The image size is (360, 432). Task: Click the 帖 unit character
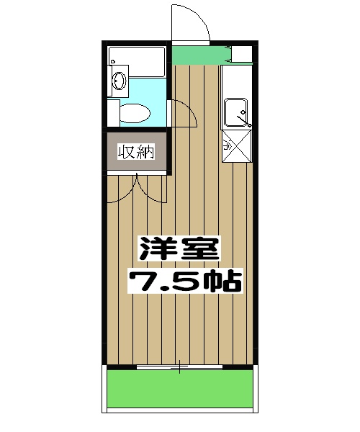tap(222, 280)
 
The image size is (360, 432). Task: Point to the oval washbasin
tap(118, 83)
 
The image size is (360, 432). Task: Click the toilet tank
tap(113, 112)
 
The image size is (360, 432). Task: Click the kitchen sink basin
tap(238, 114)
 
